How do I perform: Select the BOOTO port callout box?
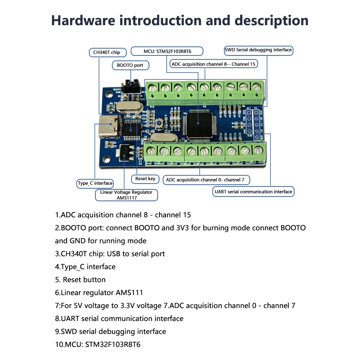pyautogui.click(x=130, y=65)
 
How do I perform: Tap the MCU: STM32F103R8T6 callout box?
pyautogui.click(x=167, y=51)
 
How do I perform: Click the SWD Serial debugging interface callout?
pyautogui.click(x=258, y=50)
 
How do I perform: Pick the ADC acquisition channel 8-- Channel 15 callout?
pyautogui.click(x=213, y=64)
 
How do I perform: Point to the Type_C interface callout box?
pyautogui.click(x=95, y=183)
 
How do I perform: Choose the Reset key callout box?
pyautogui.click(x=145, y=179)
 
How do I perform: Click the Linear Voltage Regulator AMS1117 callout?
pyautogui.click(x=127, y=195)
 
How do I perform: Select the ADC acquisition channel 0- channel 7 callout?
pyautogui.click(x=206, y=180)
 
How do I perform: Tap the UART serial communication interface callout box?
pyautogui.click(x=253, y=192)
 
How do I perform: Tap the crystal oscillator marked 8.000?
pyautogui.click(x=162, y=138)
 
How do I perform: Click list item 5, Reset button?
pyautogui.click(x=81, y=280)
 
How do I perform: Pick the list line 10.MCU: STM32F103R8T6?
pyautogui.click(x=98, y=345)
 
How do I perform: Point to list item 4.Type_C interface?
pyautogui.click(x=85, y=267)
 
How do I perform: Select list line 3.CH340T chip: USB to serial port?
pyautogui.click(x=110, y=254)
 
